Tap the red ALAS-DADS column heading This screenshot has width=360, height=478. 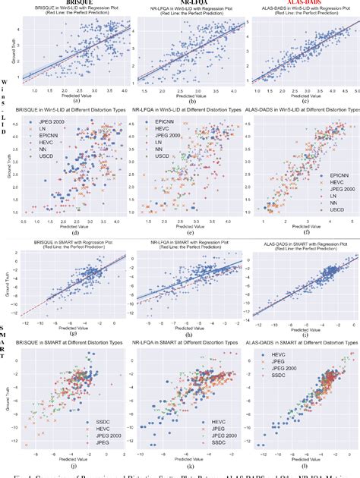point(298,4)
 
